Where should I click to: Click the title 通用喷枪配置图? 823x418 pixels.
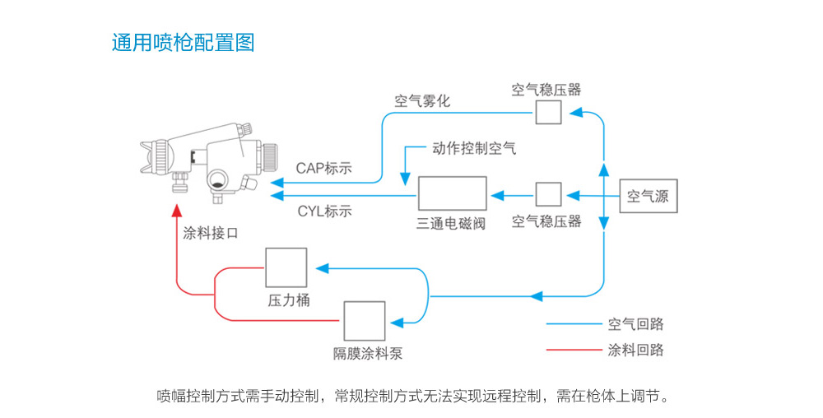[184, 43]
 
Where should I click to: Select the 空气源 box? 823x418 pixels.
[649, 196]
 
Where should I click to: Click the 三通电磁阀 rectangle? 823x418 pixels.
[452, 193]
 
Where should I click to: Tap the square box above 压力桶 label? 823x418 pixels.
[286, 268]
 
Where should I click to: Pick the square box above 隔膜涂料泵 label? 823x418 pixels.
[365, 321]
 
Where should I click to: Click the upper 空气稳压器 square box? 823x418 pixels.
[548, 112]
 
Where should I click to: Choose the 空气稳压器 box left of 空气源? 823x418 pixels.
[548, 194]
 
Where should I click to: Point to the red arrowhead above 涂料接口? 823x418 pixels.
[178, 211]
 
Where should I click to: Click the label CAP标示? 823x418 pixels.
[323, 169]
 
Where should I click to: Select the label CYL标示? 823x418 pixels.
[324, 211]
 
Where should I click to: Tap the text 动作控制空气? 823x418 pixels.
[474, 148]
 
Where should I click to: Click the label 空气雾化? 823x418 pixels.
[422, 100]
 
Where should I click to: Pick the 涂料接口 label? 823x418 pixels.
[211, 234]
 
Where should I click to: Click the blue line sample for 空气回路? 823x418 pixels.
[574, 324]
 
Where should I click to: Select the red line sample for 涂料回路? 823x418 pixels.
[574, 350]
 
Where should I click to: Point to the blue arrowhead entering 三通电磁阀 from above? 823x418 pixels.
[405, 179]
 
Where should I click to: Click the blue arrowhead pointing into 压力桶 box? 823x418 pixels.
[322, 268]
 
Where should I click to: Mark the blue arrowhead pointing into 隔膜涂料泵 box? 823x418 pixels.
[398, 323]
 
